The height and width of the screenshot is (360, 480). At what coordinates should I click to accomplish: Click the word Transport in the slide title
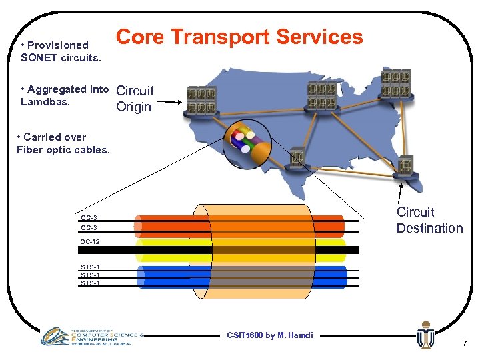pos(220,37)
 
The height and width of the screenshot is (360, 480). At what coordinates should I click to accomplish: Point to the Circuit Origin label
pos(135,99)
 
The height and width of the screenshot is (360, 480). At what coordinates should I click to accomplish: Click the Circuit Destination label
pos(429,220)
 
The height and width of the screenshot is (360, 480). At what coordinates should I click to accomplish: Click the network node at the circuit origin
pos(202,101)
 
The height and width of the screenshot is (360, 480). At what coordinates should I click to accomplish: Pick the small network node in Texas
pos(296,159)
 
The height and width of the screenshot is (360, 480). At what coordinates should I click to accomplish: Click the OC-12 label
pos(90,241)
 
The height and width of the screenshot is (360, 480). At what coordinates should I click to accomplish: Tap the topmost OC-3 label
pos(89,218)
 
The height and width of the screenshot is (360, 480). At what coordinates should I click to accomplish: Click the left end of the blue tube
pos(140,277)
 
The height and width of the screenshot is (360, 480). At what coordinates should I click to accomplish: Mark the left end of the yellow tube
pos(139,250)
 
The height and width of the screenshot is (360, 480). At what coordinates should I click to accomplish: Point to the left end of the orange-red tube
pos(138,225)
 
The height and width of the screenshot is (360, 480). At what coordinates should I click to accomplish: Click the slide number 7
pos(464,343)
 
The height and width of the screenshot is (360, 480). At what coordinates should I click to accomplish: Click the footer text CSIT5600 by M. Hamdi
pos(269,335)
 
